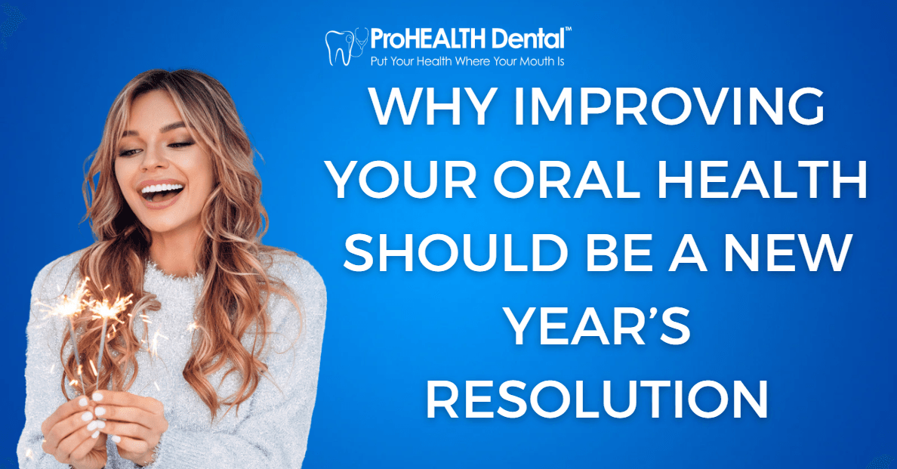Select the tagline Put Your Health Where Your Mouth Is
pos(467,61)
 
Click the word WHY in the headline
pos(433,106)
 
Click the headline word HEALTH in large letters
pos(762,180)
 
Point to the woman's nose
pos(150,159)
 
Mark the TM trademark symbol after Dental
pos(568,29)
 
